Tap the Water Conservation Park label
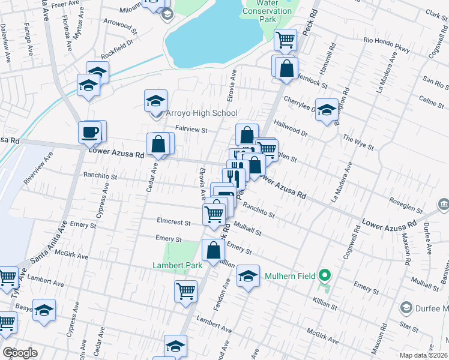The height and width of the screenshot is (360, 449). coord(268,11)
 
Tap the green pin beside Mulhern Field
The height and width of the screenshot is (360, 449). coord(325,276)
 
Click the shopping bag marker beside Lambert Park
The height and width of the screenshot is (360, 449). coord(214,251)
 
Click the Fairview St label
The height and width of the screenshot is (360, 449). coord(191,129)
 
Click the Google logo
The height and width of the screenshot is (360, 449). coord(20,353)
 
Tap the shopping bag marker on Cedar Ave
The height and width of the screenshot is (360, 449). coord(159,145)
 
